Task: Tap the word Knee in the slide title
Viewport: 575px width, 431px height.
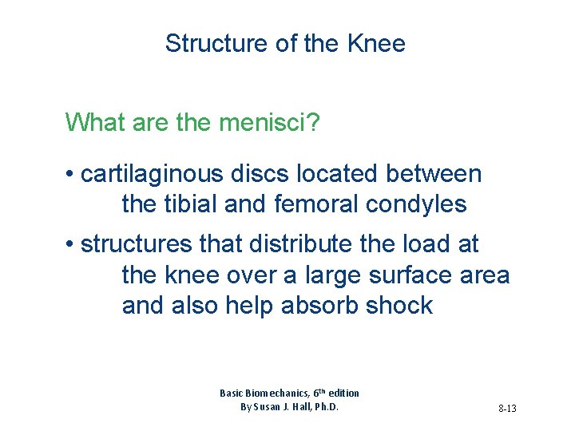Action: (377, 43)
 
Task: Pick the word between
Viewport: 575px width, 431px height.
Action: (434, 173)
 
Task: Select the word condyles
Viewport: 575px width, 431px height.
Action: (416, 205)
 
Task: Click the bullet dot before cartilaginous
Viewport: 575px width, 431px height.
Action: (71, 174)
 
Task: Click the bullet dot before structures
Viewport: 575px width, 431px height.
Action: (71, 244)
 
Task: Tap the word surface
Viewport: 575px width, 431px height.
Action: (407, 275)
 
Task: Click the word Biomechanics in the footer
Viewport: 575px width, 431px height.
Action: (272, 393)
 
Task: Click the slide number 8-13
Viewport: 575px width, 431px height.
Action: (507, 408)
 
